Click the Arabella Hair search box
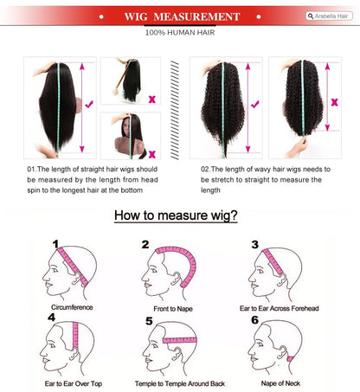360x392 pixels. (329, 16)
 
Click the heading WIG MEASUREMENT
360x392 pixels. (182, 16)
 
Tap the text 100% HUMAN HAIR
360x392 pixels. (180, 33)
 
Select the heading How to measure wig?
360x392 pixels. (176, 215)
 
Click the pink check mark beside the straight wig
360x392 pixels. (89, 104)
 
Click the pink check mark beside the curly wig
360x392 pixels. (255, 104)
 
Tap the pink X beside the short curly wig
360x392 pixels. (334, 102)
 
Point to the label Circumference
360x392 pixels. (72, 307)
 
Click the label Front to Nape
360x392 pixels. (173, 309)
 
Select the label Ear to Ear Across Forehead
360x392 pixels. (280, 308)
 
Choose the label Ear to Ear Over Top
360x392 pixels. (74, 383)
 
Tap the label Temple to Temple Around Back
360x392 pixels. (180, 383)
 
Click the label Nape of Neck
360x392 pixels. (280, 383)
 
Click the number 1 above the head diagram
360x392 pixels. (55, 244)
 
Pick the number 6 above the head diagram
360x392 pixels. (254, 320)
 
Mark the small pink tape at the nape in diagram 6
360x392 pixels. (290, 359)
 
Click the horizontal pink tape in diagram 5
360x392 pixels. (180, 340)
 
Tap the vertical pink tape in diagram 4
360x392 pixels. (75, 335)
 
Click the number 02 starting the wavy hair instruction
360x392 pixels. (205, 169)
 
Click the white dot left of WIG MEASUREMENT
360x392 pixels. (101, 16)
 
